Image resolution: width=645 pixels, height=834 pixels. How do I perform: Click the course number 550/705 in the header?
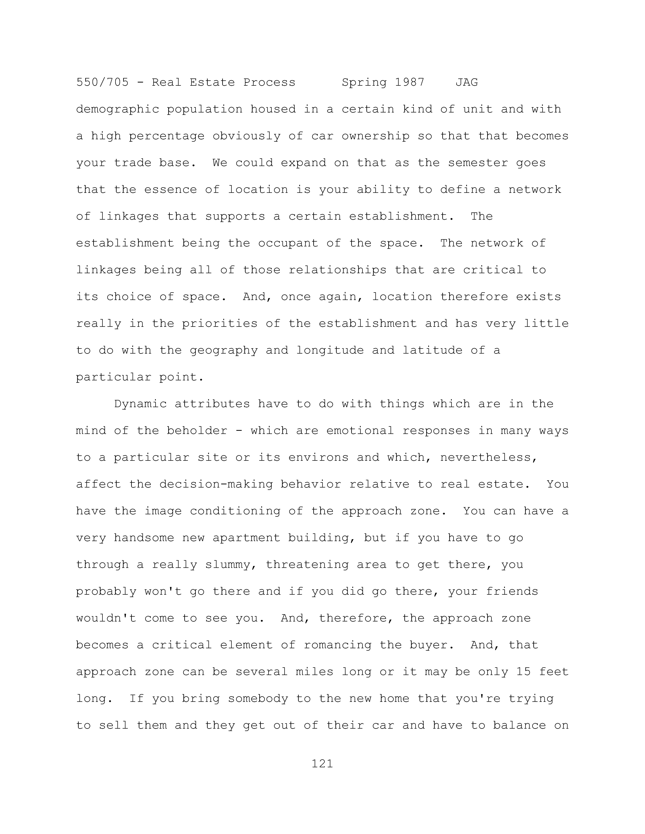click(x=102, y=83)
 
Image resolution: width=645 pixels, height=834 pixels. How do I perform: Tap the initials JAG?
click(x=467, y=83)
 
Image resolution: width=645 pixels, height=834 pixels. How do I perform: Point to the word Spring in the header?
click(x=364, y=83)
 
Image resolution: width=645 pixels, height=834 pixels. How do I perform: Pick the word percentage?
click(x=167, y=136)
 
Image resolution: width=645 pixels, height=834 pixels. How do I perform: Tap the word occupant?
click(x=288, y=243)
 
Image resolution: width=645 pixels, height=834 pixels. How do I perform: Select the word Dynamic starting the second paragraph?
click(x=140, y=404)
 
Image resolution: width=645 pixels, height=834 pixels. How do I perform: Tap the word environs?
click(x=318, y=457)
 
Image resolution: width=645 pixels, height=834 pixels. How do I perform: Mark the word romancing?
click(x=337, y=645)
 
